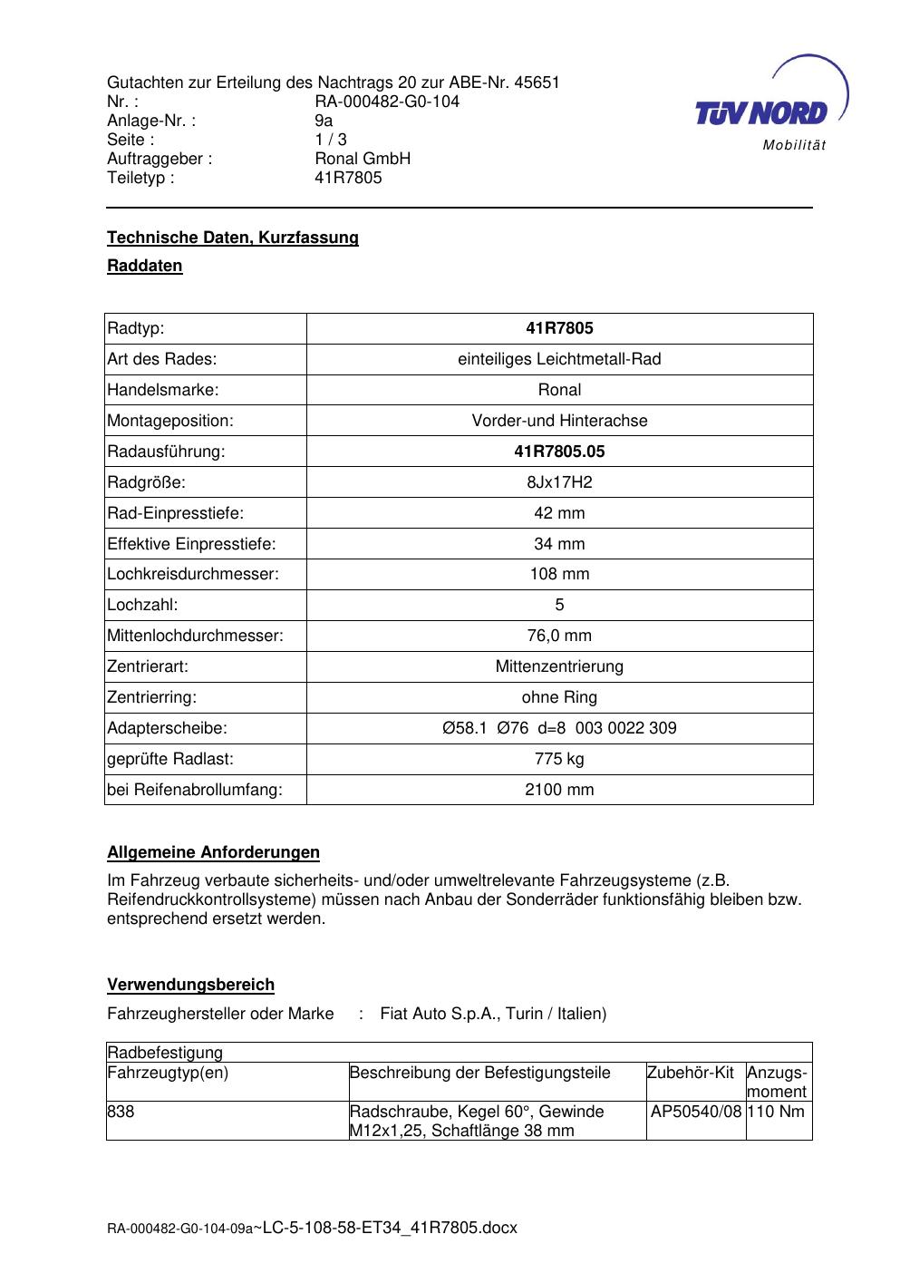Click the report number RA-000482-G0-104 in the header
pos(387,102)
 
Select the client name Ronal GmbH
pos(363,159)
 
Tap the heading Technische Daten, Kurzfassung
pos(233,238)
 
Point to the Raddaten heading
pos(145,266)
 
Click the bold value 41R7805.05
pos(559,452)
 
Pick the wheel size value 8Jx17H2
pos(559,482)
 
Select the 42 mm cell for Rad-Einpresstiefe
pos(559,513)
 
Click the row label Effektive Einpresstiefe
pos(191,544)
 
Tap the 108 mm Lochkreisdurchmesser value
pos(559,574)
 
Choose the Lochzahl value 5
pos(559,605)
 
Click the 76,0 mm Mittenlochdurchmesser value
pos(559,636)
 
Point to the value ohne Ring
pos(559,697)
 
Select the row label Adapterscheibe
pos(168,728)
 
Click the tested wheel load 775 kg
pos(559,759)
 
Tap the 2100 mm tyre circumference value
pos(559,790)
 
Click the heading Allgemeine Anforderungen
pos(214,852)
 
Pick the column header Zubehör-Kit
pos(691,1073)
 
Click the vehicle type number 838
pos(121,1112)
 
